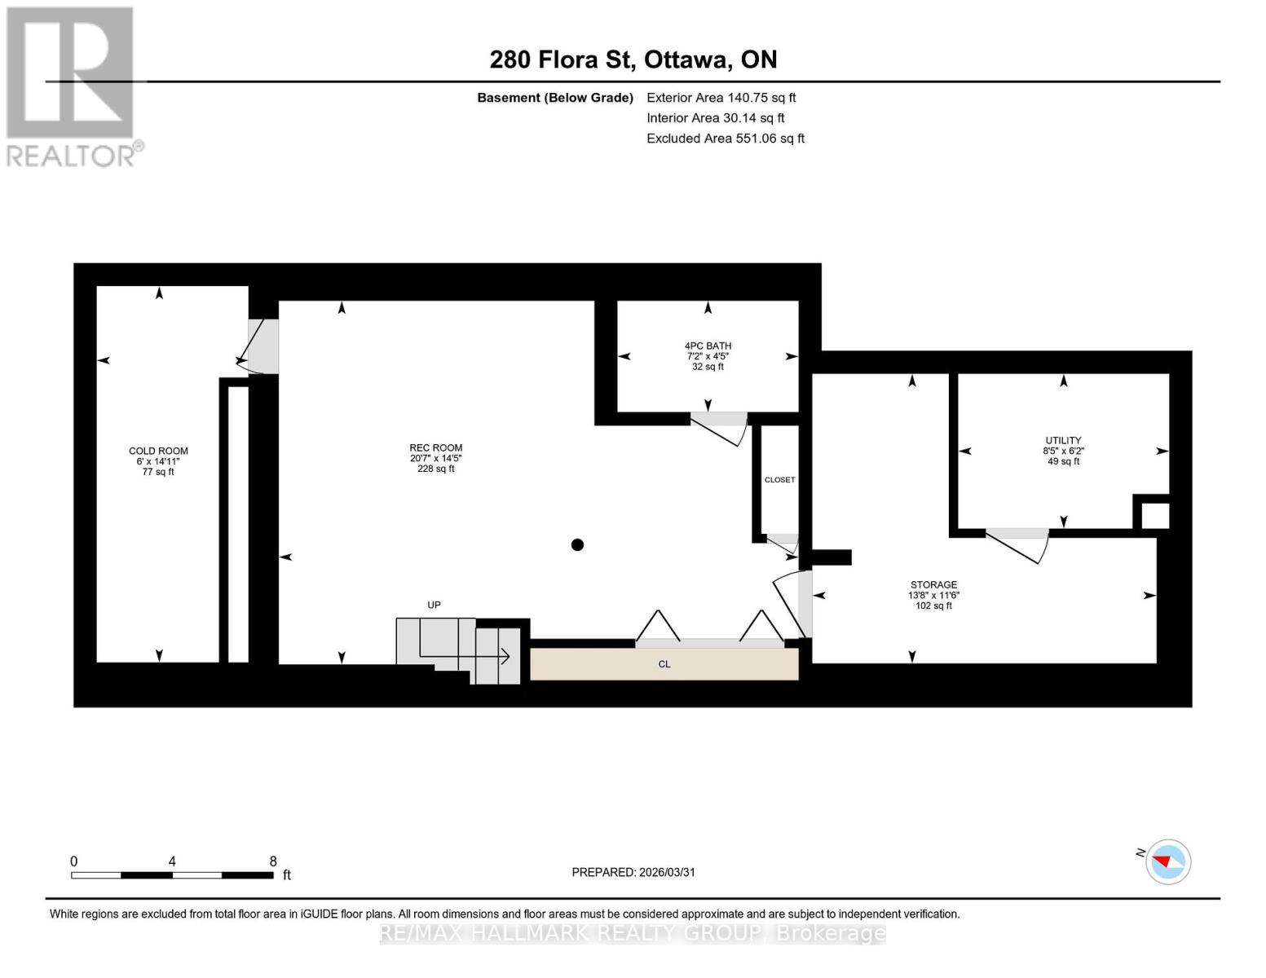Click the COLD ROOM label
click(x=158, y=452)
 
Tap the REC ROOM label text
click(x=435, y=448)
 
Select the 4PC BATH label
click(x=708, y=346)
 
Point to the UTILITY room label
click(x=1063, y=441)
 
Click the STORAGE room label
click(x=933, y=585)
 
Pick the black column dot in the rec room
click(x=577, y=545)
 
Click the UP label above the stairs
click(x=434, y=605)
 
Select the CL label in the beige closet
click(x=664, y=664)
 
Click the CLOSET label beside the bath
click(x=779, y=480)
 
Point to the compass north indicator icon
click(x=1167, y=861)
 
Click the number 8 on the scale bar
click(x=273, y=861)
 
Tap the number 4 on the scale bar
click(x=172, y=861)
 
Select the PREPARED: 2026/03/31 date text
click(x=633, y=872)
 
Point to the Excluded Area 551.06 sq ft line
click(x=725, y=139)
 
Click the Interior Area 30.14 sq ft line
click(x=715, y=118)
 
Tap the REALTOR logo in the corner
click(x=72, y=86)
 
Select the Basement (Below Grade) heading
click(x=554, y=98)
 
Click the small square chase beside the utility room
click(x=1154, y=516)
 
